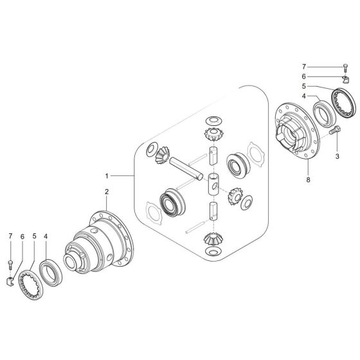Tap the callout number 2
point(107,191)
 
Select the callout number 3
point(336,156)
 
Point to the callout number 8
point(309,181)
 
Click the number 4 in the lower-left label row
point(46,237)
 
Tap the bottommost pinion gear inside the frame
point(213,237)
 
